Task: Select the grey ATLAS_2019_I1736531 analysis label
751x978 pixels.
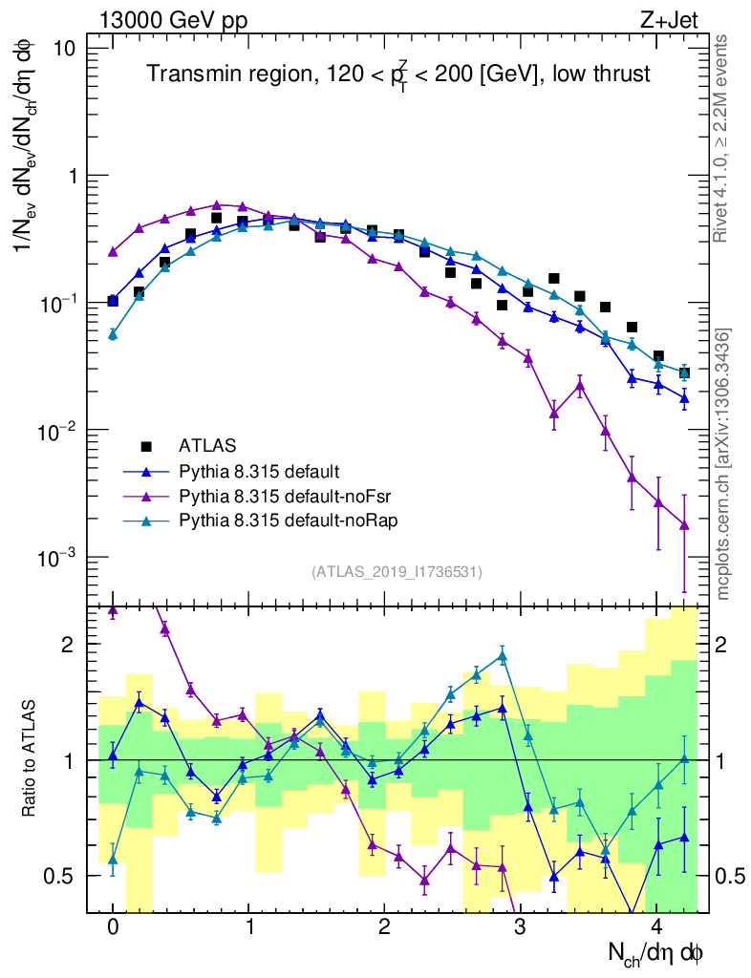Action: (397, 571)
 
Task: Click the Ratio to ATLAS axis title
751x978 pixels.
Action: (32, 760)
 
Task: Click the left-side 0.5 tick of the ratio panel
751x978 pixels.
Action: (62, 876)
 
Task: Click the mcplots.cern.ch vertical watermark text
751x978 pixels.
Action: (723, 464)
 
